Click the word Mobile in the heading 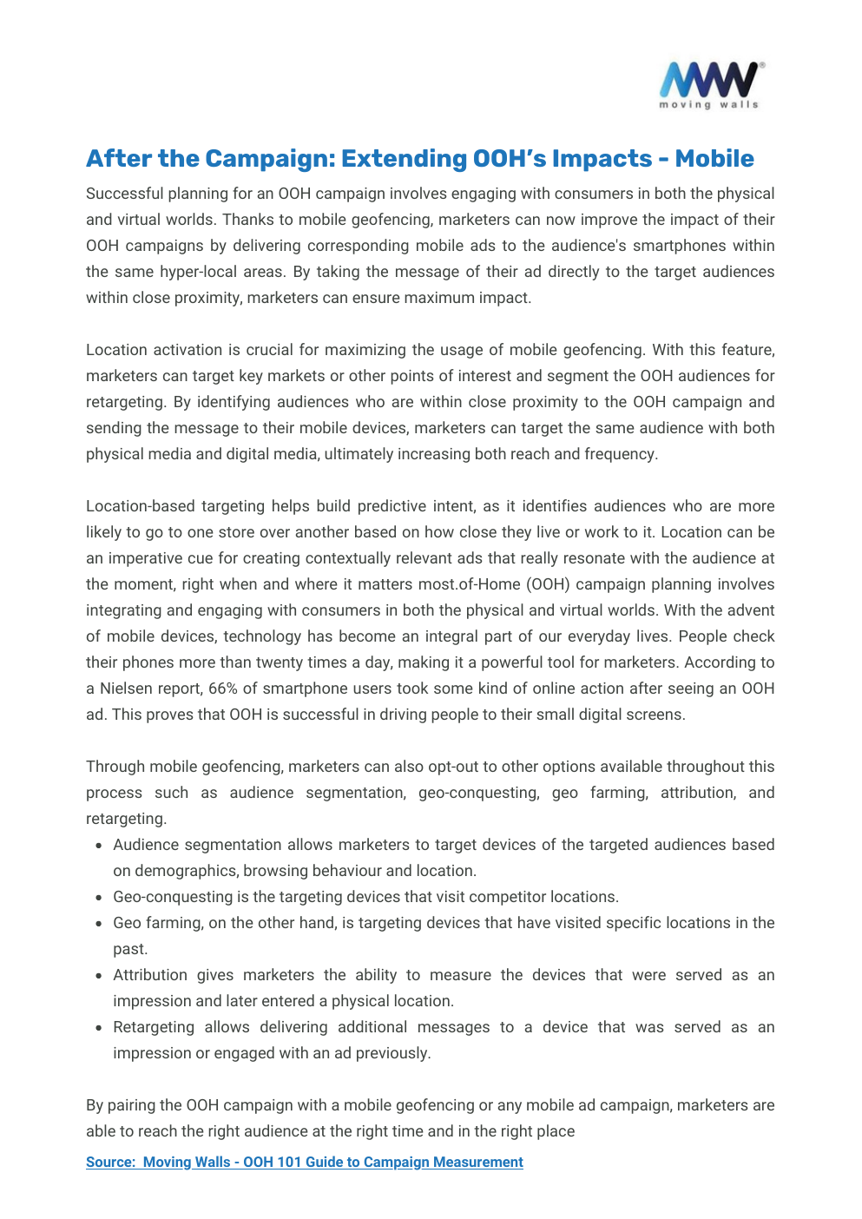coord(714,159)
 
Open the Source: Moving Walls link coord(304,1162)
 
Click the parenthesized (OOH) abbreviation coord(548,584)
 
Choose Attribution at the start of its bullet coord(150,975)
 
